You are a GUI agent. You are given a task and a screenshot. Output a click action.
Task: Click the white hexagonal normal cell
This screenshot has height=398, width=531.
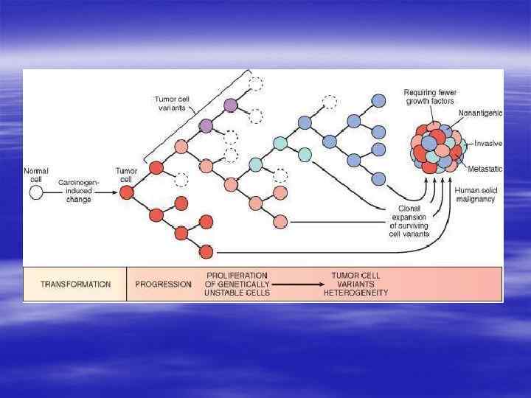click(35, 193)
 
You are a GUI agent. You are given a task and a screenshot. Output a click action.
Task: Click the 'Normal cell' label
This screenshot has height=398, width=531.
click(36, 175)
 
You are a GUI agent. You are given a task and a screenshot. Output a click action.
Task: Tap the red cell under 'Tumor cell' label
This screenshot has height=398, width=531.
click(126, 193)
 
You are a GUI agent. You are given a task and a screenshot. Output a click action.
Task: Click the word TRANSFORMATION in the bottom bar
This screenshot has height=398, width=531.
click(75, 284)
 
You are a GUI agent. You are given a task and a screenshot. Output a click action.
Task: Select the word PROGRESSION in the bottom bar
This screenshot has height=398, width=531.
click(164, 284)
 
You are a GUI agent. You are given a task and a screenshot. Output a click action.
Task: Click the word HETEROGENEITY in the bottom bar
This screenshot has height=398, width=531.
click(355, 293)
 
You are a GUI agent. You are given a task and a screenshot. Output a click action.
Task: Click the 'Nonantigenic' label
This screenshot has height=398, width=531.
click(480, 113)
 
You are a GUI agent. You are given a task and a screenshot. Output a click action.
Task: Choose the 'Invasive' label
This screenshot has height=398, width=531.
click(487, 143)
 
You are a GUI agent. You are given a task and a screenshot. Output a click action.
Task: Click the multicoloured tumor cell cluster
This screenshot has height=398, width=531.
click(437, 147)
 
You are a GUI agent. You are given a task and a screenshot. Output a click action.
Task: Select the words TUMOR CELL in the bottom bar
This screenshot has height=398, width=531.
click(355, 275)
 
